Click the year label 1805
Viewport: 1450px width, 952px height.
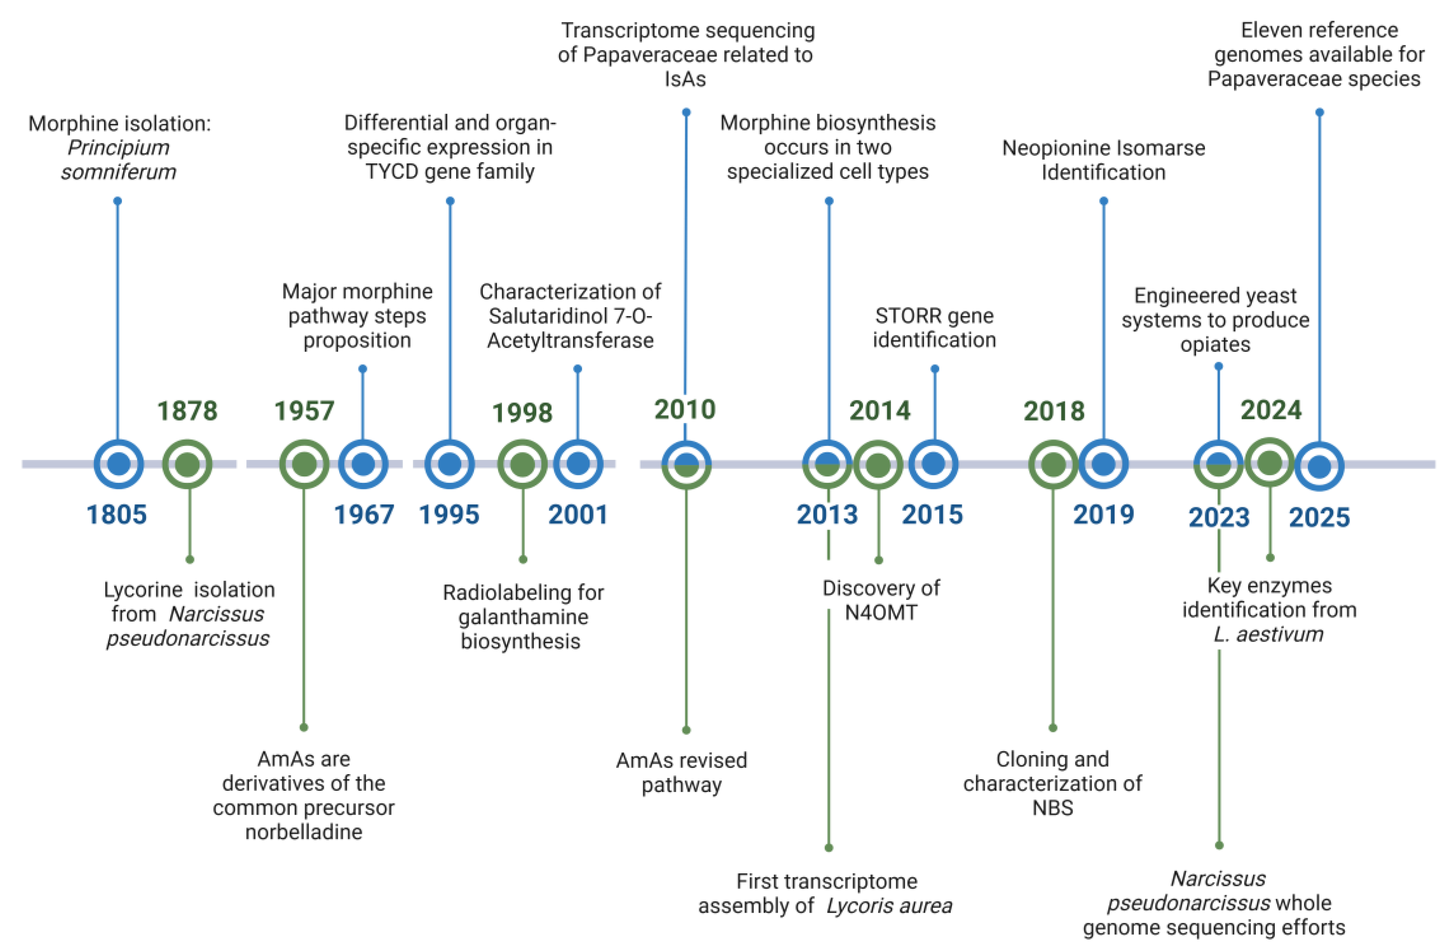pos(116,515)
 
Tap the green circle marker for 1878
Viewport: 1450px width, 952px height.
pos(187,465)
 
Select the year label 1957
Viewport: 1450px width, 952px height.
pos(304,411)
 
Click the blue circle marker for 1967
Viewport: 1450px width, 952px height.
pos(363,465)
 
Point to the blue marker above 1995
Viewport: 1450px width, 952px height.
pos(449,465)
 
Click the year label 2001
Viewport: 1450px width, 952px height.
pos(578,515)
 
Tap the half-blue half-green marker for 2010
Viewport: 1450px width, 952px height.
pos(686,465)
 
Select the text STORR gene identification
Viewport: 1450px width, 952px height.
pos(934,328)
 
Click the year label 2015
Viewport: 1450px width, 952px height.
pos(932,515)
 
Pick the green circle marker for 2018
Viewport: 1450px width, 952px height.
pos(1053,465)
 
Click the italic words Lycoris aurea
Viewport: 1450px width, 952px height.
pos(889,906)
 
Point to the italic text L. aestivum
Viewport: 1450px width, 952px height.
pos(1268,634)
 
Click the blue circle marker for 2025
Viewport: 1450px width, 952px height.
pos(1319,467)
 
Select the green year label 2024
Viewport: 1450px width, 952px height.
pos(1271,410)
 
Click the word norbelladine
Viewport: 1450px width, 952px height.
pos(303,832)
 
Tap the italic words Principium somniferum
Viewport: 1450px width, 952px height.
pos(118,160)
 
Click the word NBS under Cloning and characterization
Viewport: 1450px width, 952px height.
pos(1052,808)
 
